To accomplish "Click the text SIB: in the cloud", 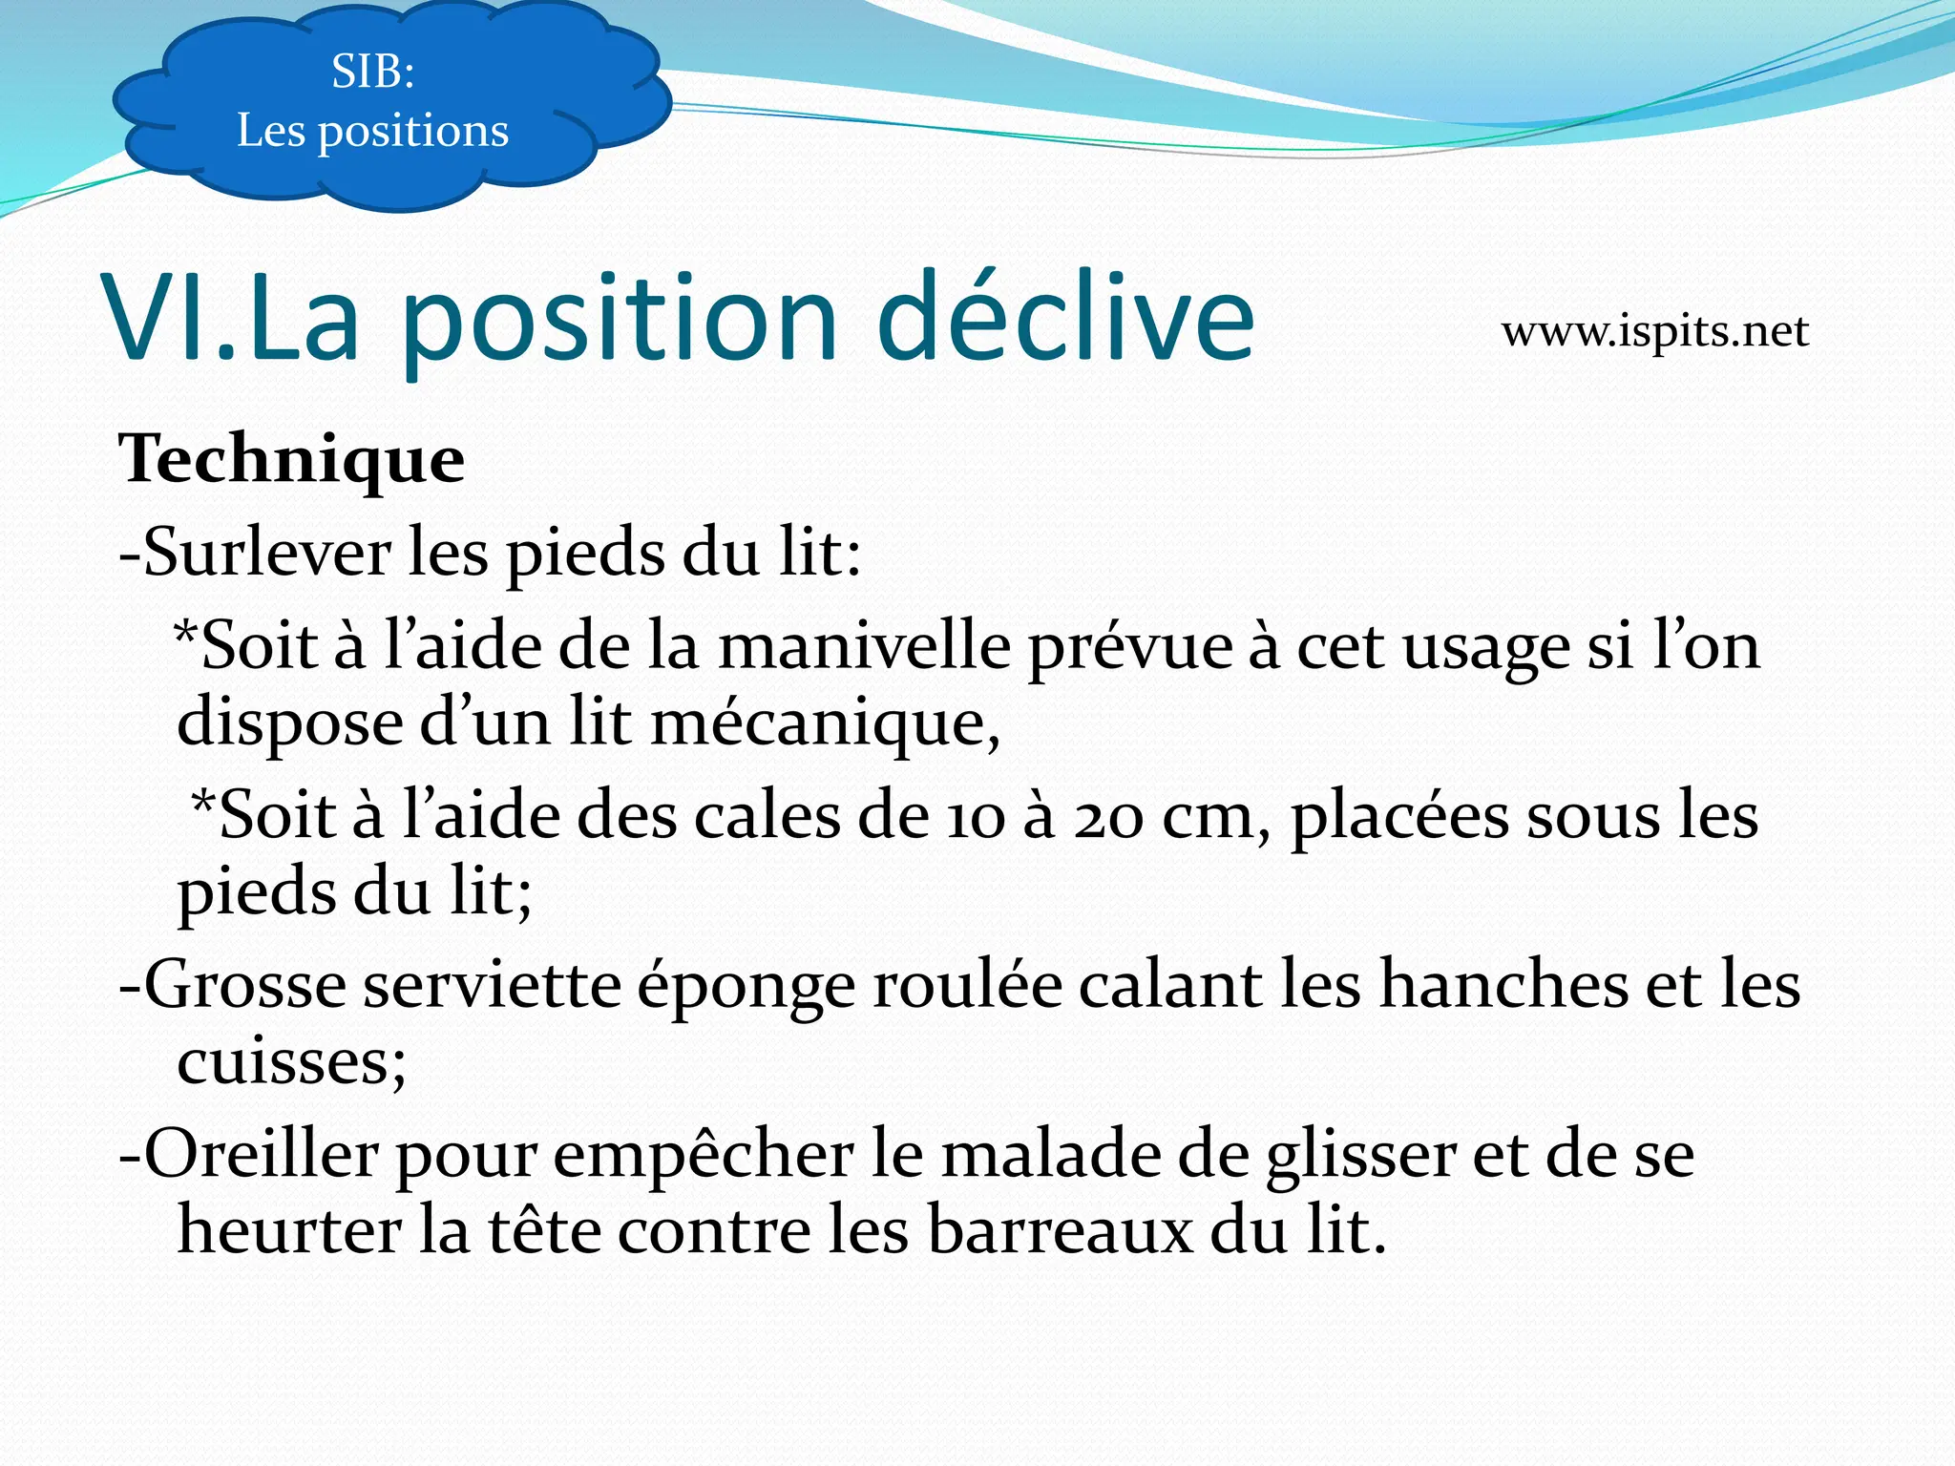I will [372, 72].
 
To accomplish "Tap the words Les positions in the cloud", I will [372, 131].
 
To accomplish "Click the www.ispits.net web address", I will [1654, 332].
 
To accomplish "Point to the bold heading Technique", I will [291, 459].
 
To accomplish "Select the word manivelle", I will [864, 646].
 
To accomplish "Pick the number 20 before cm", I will [1107, 819].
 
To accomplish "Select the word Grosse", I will [244, 985].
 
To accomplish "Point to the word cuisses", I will [286, 1061].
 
